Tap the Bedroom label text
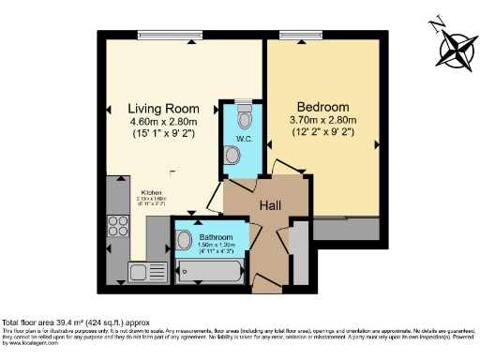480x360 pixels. (x=323, y=106)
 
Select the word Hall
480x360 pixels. (x=272, y=204)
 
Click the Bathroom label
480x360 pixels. (x=215, y=237)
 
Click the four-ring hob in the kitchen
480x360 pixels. (x=118, y=226)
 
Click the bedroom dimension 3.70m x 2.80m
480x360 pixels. (x=323, y=121)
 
